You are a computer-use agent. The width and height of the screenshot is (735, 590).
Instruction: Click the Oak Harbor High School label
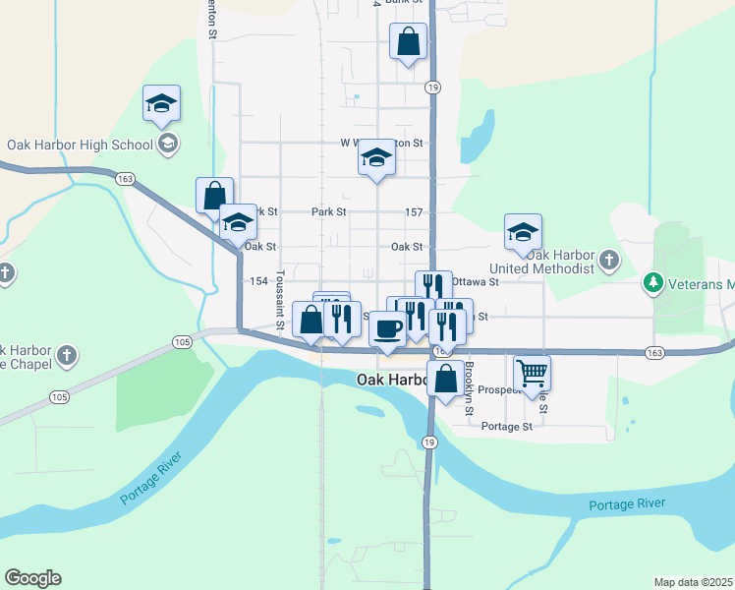80,145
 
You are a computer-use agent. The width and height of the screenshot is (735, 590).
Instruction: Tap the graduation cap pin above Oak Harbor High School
162,103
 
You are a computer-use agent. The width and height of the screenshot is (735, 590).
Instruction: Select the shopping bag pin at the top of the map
408,42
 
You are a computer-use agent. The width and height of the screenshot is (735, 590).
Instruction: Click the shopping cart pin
532,374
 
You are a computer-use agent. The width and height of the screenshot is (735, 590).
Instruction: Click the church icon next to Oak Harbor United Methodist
609,261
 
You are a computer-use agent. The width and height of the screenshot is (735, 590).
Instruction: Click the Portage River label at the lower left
153,484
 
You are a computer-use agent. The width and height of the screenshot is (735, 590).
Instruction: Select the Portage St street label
507,426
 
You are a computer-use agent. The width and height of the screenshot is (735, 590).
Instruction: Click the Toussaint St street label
281,299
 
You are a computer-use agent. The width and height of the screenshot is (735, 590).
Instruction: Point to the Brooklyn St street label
470,380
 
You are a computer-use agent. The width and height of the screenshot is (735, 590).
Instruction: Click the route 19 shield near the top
432,88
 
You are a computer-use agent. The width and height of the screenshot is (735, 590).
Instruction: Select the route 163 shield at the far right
654,351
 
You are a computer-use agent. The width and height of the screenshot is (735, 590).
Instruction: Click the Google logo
32,578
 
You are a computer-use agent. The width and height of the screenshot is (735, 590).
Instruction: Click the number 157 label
414,212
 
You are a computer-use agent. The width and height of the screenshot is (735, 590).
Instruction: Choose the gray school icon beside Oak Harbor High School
167,145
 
